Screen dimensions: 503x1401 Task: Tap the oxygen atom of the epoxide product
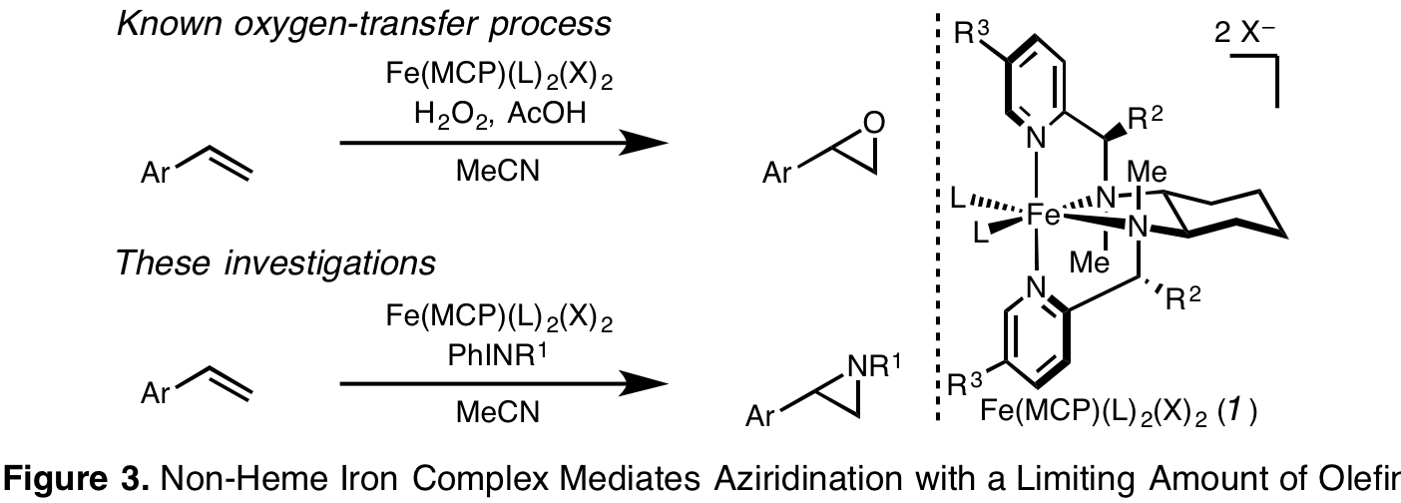[x=874, y=124]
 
